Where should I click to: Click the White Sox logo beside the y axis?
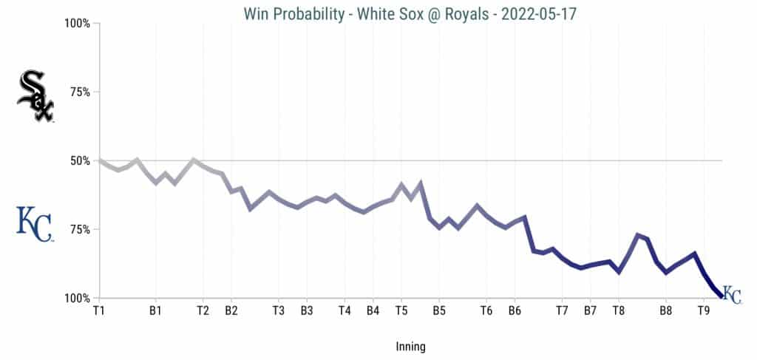pyautogui.click(x=35, y=96)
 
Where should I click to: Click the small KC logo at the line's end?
pyautogui.click(x=732, y=294)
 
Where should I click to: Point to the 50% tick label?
pyautogui.click(x=78, y=160)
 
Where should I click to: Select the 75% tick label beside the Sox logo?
pyautogui.click(x=78, y=92)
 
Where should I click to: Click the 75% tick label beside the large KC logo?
pyautogui.click(x=78, y=229)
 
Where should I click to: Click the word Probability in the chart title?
pyautogui.click(x=306, y=13)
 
